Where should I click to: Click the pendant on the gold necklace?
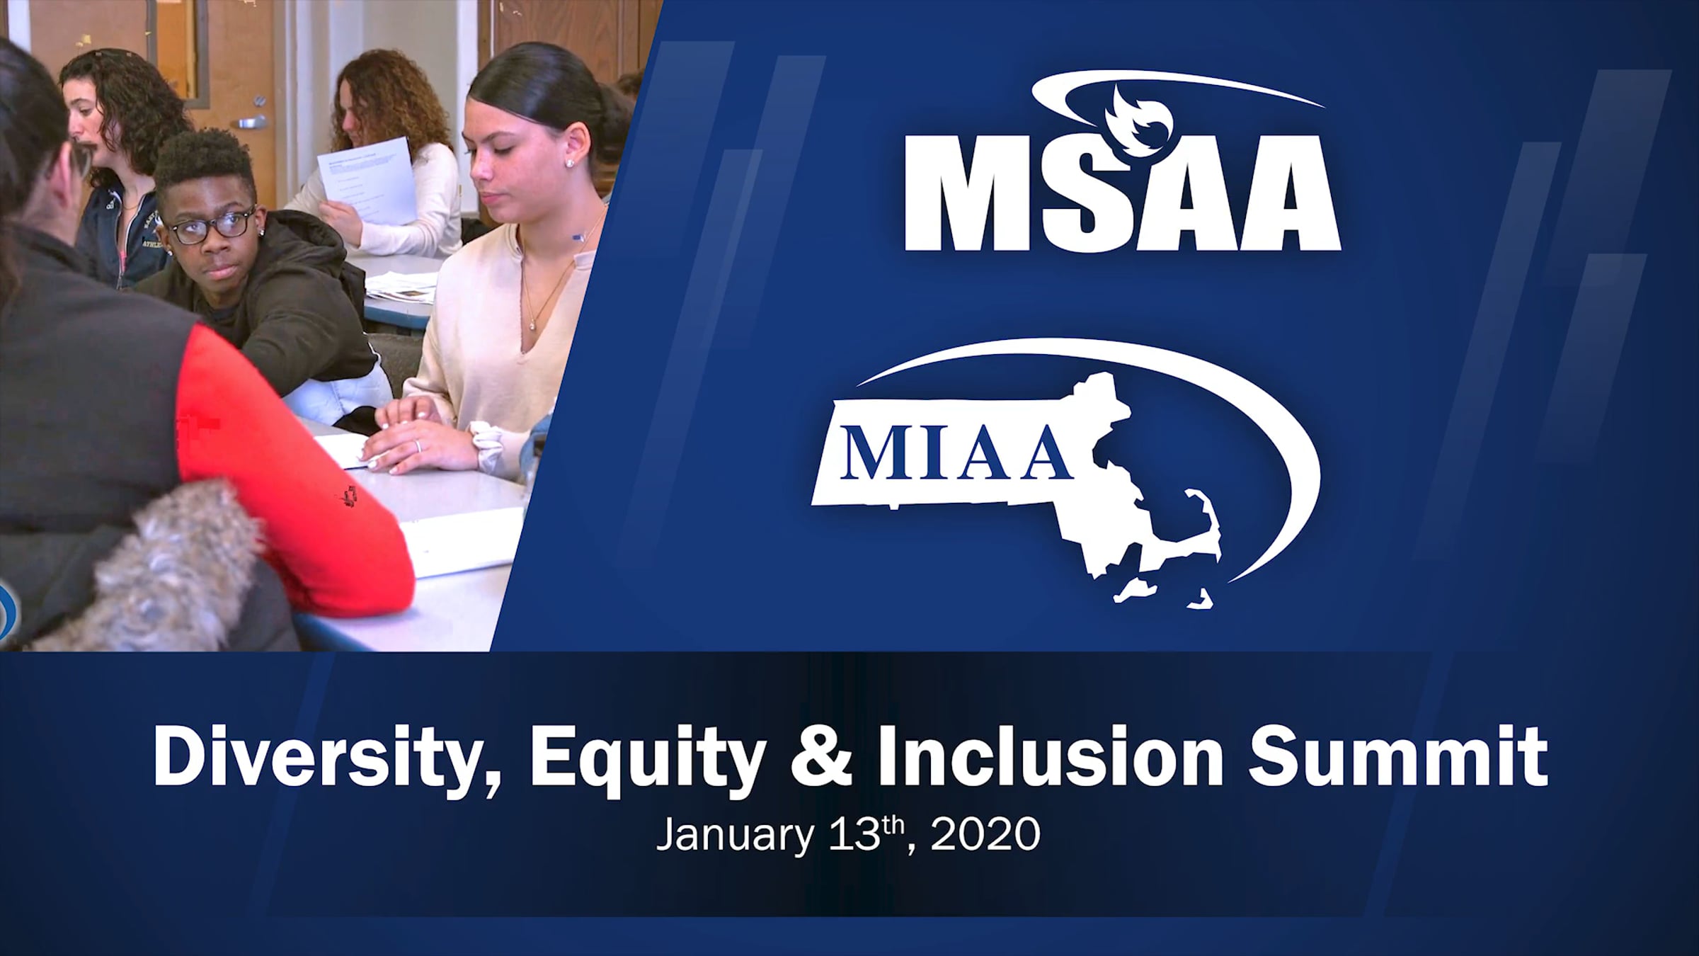tap(532, 325)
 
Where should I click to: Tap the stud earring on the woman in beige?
tap(568, 164)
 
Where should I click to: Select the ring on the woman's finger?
tap(417, 445)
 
